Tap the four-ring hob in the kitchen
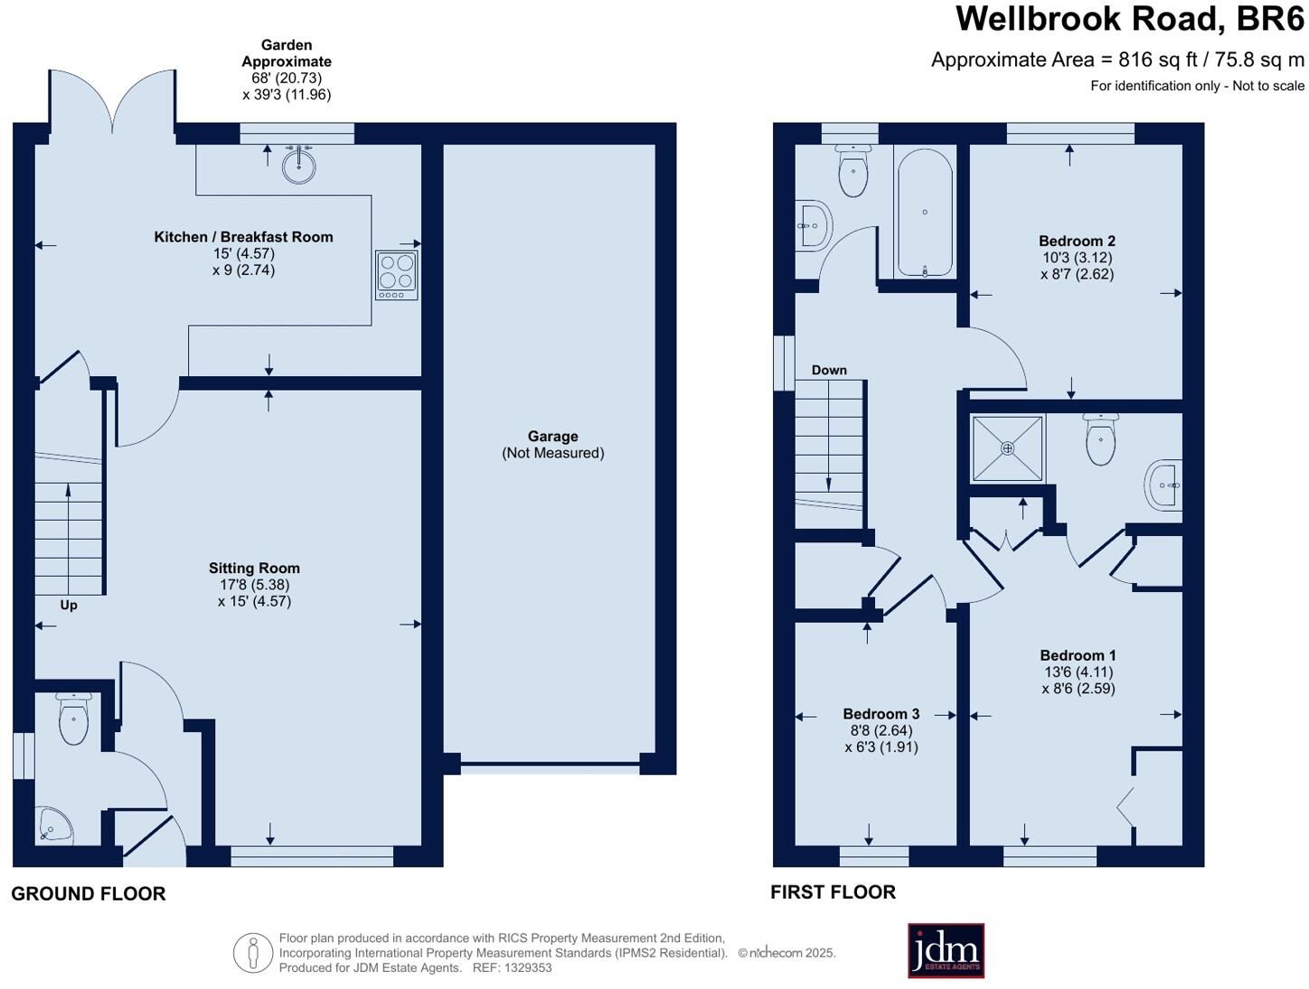pyautogui.click(x=397, y=275)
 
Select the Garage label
pyautogui.click(x=552, y=437)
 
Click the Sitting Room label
pyautogui.click(x=254, y=569)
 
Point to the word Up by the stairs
pyautogui.click(x=69, y=605)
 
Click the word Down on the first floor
pyautogui.click(x=829, y=370)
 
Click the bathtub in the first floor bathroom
pyautogui.click(x=924, y=213)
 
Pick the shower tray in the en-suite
pyautogui.click(x=1007, y=448)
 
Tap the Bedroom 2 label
pyautogui.click(x=1077, y=241)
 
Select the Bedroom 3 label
pyautogui.click(x=881, y=714)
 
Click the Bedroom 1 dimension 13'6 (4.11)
pyautogui.click(x=1078, y=672)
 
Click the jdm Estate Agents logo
pyautogui.click(x=946, y=950)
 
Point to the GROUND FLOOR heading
pyautogui.click(x=89, y=894)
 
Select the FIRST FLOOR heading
pyautogui.click(x=833, y=892)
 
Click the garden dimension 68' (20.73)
pyautogui.click(x=287, y=78)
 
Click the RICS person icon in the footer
pyautogui.click(x=253, y=953)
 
